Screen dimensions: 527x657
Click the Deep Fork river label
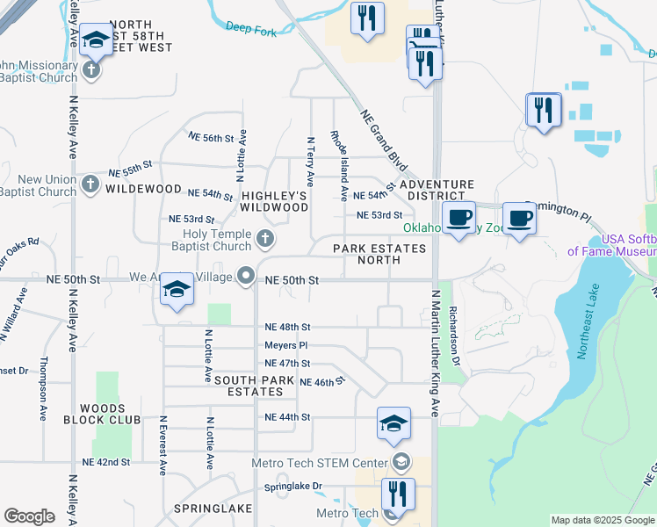[x=250, y=27]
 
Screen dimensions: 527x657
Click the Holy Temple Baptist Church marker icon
[x=265, y=238]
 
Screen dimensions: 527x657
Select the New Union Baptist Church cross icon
[x=90, y=184]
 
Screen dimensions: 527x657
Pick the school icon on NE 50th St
[x=177, y=290]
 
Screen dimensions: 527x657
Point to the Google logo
[x=29, y=516]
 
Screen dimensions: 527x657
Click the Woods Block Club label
[x=110, y=414]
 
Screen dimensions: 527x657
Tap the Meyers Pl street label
[x=286, y=345]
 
